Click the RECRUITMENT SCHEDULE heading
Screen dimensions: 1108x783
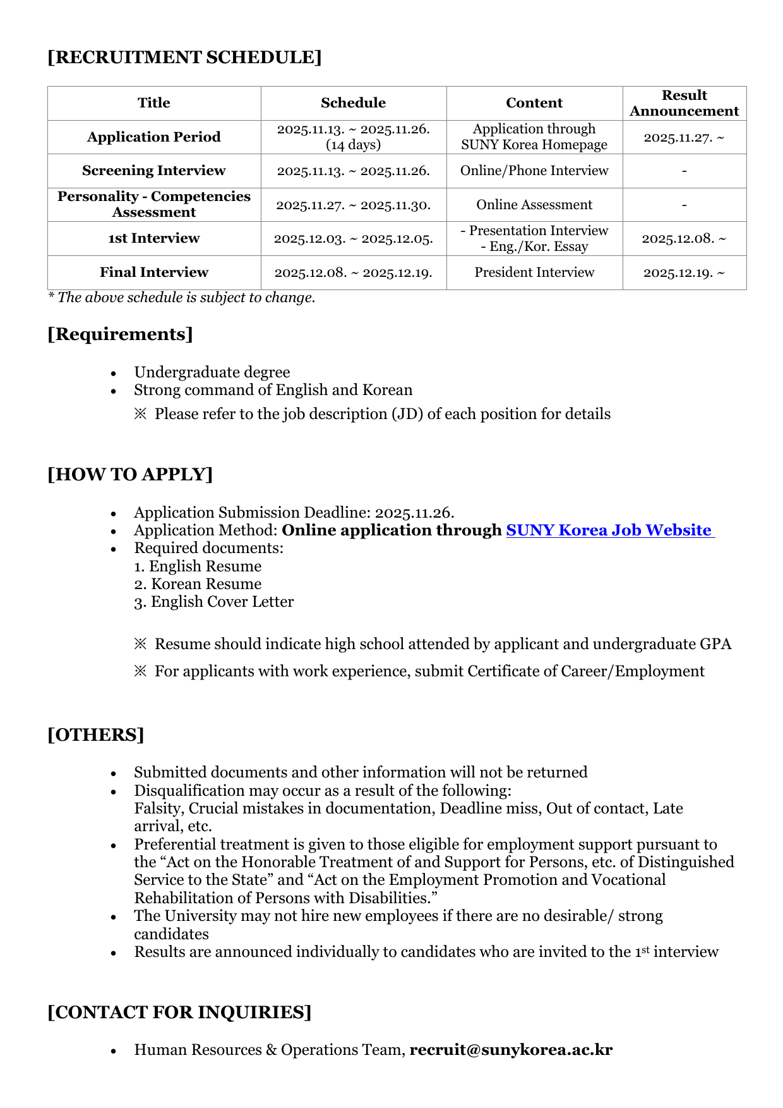coord(184,58)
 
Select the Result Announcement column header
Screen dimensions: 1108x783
coord(684,103)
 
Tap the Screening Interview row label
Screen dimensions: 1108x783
coord(153,171)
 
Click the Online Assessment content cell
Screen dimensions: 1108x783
coord(534,205)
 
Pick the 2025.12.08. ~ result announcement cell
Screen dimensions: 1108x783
coord(684,239)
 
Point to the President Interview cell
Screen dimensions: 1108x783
coord(534,272)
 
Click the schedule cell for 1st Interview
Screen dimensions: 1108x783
coord(353,239)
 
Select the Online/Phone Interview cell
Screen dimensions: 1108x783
coord(534,171)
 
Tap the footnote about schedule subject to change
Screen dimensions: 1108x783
coord(182,298)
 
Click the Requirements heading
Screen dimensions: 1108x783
coord(120,334)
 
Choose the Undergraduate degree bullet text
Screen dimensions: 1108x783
coord(212,372)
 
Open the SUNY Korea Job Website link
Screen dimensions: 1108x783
coord(609,530)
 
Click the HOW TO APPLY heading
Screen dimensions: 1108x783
coord(130,475)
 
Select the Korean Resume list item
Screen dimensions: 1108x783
coord(198,584)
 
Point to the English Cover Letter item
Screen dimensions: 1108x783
coord(214,602)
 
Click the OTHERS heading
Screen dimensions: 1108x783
coord(96,735)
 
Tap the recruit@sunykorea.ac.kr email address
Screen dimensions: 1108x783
coord(511,1050)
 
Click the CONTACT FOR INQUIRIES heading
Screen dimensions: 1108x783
coord(179,1013)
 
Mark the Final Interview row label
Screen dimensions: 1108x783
coord(153,272)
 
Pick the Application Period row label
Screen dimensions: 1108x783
coord(153,137)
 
